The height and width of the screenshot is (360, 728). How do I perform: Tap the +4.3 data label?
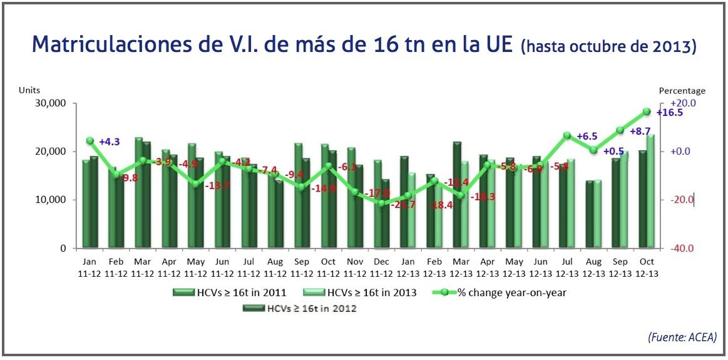click(x=110, y=142)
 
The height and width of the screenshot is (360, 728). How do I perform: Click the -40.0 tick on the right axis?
click(x=682, y=249)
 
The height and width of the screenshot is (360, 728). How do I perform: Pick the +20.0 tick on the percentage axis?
click(x=683, y=103)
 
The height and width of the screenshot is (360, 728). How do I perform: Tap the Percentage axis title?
click(x=682, y=91)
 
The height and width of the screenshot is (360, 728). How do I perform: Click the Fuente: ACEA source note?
click(x=682, y=337)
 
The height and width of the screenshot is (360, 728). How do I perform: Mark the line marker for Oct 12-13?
click(x=647, y=111)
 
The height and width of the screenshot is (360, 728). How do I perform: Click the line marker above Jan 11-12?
click(x=90, y=141)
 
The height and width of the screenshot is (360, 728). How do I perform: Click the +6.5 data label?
click(x=587, y=136)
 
